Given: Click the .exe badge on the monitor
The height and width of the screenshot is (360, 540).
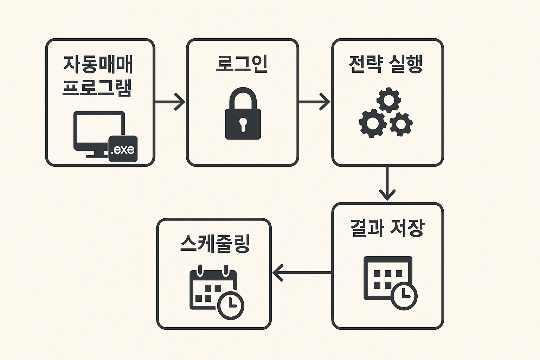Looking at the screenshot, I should (123, 149).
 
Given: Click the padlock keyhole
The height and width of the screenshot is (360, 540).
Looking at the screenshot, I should (243, 124).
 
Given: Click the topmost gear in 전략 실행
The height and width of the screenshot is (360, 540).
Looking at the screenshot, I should (388, 100).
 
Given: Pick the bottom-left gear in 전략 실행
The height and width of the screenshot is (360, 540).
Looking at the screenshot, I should (372, 123).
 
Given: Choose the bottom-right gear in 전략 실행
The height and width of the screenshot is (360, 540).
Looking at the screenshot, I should (401, 124).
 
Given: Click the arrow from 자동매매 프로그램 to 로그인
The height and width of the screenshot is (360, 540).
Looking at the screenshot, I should (171, 102).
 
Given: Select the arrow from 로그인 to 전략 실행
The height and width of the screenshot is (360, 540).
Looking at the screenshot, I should (315, 102).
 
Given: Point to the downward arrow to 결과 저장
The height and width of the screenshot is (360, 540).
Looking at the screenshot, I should (387, 183).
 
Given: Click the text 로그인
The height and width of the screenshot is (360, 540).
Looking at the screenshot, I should (242, 64).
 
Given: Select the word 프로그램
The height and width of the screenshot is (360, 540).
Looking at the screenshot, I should (97, 88).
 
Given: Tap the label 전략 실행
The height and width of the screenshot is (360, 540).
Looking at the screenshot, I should (386, 64).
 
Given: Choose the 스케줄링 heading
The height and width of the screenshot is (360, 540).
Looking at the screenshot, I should (214, 243).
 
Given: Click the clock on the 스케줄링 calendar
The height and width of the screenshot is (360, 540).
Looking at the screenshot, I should (231, 305).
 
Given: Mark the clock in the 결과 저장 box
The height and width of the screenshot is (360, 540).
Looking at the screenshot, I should (404, 296).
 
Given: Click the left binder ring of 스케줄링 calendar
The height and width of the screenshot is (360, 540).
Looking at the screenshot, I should (200, 270).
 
